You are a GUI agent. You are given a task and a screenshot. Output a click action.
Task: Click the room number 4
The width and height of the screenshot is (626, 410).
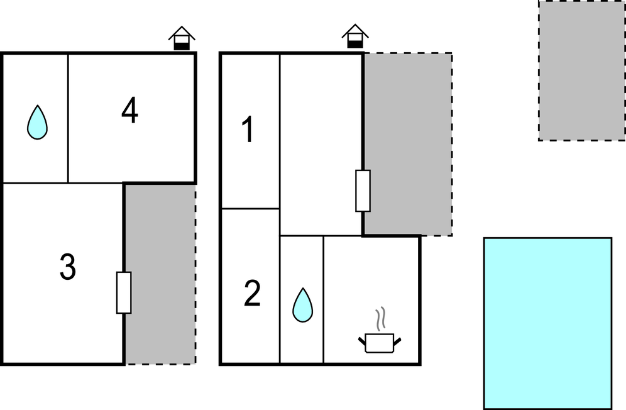pos(129,111)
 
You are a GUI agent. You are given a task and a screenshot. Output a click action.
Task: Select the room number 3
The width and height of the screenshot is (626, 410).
pos(68,267)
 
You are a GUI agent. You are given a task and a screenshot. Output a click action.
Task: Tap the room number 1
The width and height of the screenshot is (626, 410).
pos(248,129)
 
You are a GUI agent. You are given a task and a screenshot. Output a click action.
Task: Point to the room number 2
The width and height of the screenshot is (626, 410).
pos(252,293)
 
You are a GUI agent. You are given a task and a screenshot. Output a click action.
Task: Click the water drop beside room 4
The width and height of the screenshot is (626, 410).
pos(37,122)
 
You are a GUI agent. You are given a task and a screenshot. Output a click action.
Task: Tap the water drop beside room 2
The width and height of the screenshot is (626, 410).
pos(302,305)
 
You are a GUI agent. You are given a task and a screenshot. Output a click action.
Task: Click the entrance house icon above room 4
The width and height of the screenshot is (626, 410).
pos(182,38)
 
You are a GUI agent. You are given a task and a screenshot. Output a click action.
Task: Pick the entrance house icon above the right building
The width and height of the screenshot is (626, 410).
pos(355,36)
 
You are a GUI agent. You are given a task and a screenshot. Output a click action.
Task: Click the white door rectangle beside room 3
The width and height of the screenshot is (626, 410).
pos(124,292)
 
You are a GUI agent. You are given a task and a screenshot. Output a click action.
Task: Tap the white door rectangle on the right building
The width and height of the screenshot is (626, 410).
pos(363,191)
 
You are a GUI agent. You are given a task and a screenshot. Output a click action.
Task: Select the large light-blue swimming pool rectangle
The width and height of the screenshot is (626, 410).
pos(548,324)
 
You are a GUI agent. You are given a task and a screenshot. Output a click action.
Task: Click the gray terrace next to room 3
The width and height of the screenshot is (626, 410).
pos(160,274)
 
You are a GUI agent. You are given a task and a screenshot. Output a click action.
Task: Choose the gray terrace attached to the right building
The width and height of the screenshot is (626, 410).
pos(408,144)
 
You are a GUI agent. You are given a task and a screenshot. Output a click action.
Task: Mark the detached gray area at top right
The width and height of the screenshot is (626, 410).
pos(581,70)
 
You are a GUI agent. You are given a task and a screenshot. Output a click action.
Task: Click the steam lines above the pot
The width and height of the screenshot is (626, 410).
pos(381,318)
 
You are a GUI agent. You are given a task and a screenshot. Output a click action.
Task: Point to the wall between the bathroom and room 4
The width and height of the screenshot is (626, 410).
pos(69,118)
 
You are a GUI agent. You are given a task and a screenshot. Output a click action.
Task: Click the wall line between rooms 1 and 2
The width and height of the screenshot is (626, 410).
pos(250,209)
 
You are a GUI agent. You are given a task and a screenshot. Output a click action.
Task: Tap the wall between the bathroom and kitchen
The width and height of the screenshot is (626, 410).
pos(324,299)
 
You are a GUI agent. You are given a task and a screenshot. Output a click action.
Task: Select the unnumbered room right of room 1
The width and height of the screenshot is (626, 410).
pos(321,145)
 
